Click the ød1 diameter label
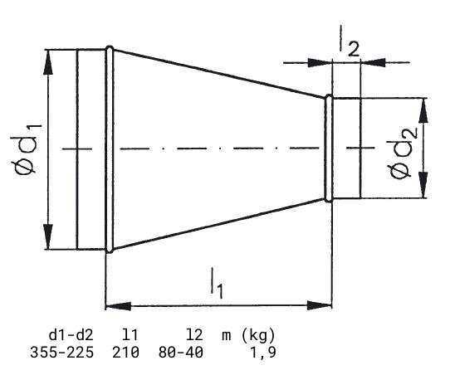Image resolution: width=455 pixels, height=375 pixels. pos(26,149)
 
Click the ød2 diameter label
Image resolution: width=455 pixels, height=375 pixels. pos(404,153)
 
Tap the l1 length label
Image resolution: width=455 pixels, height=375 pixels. pos(217,284)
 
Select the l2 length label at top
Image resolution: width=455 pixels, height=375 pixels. pos(350,41)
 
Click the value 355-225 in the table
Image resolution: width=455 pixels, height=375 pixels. pos(61,353)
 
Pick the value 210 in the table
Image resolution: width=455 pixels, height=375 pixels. pos(125,353)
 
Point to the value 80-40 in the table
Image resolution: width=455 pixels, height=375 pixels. pos(181,353)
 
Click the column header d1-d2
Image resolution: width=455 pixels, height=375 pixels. pos(71,335)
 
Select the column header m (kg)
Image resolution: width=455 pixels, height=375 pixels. pos(248,336)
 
